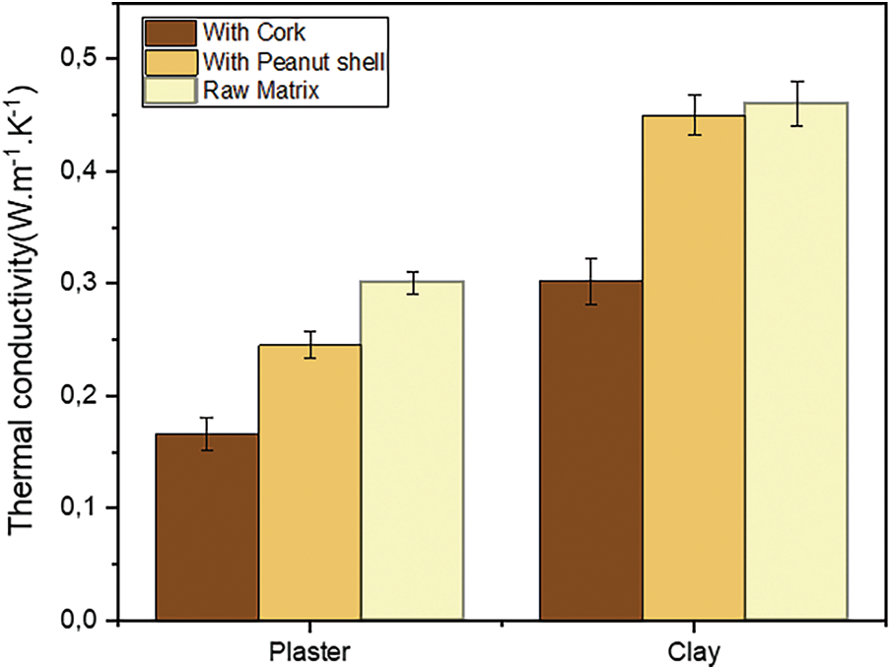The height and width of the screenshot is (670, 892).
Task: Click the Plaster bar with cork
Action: point(207,527)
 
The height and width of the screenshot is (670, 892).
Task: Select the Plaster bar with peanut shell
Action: point(309,483)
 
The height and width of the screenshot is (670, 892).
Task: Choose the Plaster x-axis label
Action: point(309,652)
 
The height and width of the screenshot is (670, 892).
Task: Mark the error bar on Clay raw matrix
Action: point(796,103)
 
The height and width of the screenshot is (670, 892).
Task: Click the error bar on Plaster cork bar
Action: point(207,434)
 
